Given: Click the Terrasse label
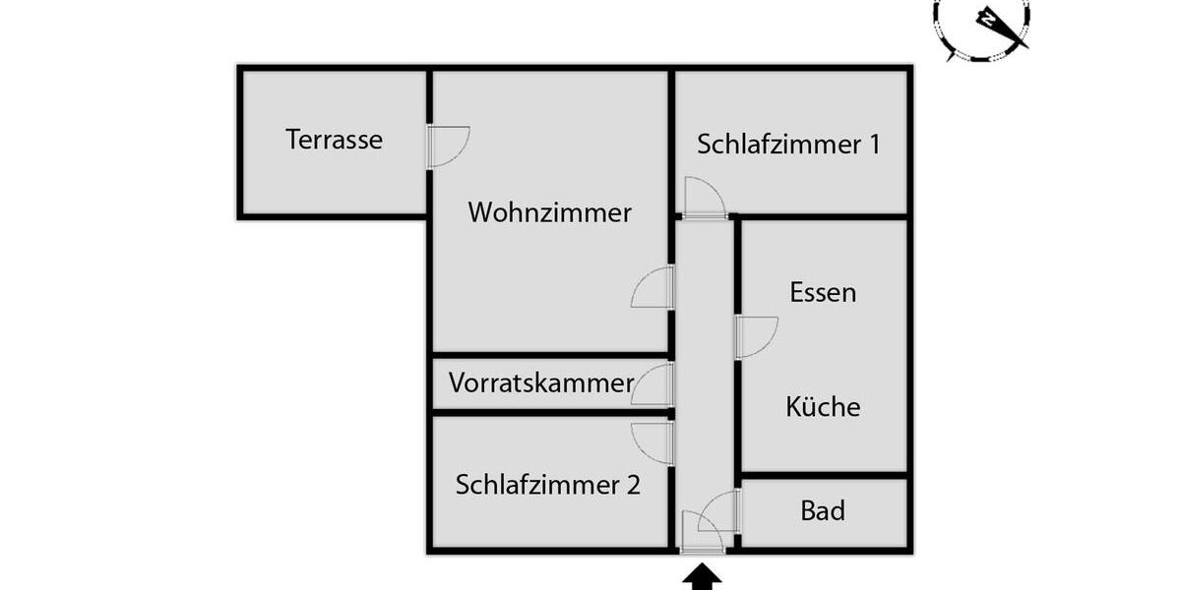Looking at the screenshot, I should [334, 140].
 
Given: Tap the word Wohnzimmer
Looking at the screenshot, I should [549, 212].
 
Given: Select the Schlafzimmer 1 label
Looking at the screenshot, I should [788, 145].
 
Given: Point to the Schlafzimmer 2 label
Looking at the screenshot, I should [548, 484].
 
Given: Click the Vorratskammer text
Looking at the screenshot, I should [540, 383].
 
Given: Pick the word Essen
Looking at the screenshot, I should [823, 292].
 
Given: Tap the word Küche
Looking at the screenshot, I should [823, 406].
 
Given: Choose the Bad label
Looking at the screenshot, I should [822, 510].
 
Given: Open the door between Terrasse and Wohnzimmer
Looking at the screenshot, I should [445, 147].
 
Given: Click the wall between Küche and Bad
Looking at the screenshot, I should [823, 476].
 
